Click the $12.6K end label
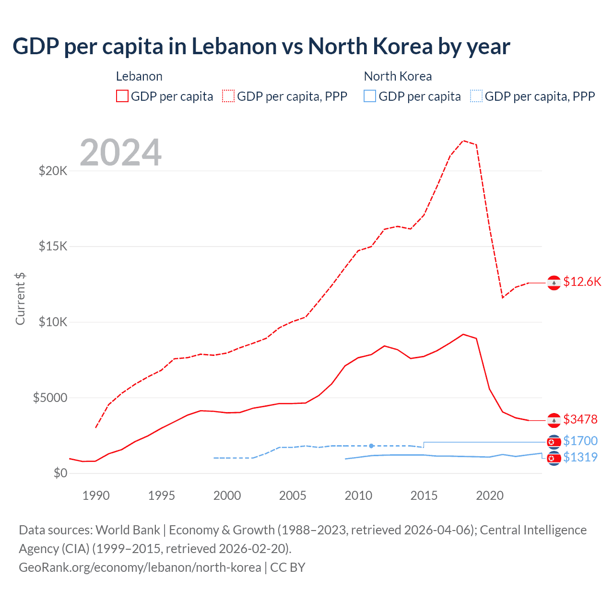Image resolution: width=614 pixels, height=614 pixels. (582, 282)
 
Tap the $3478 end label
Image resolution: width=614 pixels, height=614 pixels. (580, 419)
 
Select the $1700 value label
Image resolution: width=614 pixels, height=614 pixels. (580, 441)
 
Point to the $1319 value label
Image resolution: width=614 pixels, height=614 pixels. (580, 457)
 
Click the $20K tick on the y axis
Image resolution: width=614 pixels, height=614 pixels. (53, 171)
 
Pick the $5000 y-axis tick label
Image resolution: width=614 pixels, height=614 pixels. (50, 398)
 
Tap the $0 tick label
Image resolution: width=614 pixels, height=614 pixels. (60, 473)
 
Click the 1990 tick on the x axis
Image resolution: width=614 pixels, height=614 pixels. (96, 496)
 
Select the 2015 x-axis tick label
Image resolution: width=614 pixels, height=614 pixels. (424, 496)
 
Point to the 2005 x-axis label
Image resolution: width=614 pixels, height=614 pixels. (293, 496)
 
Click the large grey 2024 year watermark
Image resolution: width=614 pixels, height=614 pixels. (120, 153)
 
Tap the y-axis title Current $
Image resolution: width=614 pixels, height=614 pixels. (20, 298)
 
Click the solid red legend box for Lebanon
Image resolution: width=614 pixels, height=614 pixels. (122, 96)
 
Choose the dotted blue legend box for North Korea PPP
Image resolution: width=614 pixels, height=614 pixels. (476, 96)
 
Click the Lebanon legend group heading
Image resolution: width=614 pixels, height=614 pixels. (139, 76)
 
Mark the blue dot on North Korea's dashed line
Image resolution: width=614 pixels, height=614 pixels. (371, 446)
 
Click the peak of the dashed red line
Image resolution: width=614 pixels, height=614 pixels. (463, 141)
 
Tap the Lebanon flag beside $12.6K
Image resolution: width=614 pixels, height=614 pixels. (554, 283)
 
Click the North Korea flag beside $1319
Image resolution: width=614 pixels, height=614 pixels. (554, 459)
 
